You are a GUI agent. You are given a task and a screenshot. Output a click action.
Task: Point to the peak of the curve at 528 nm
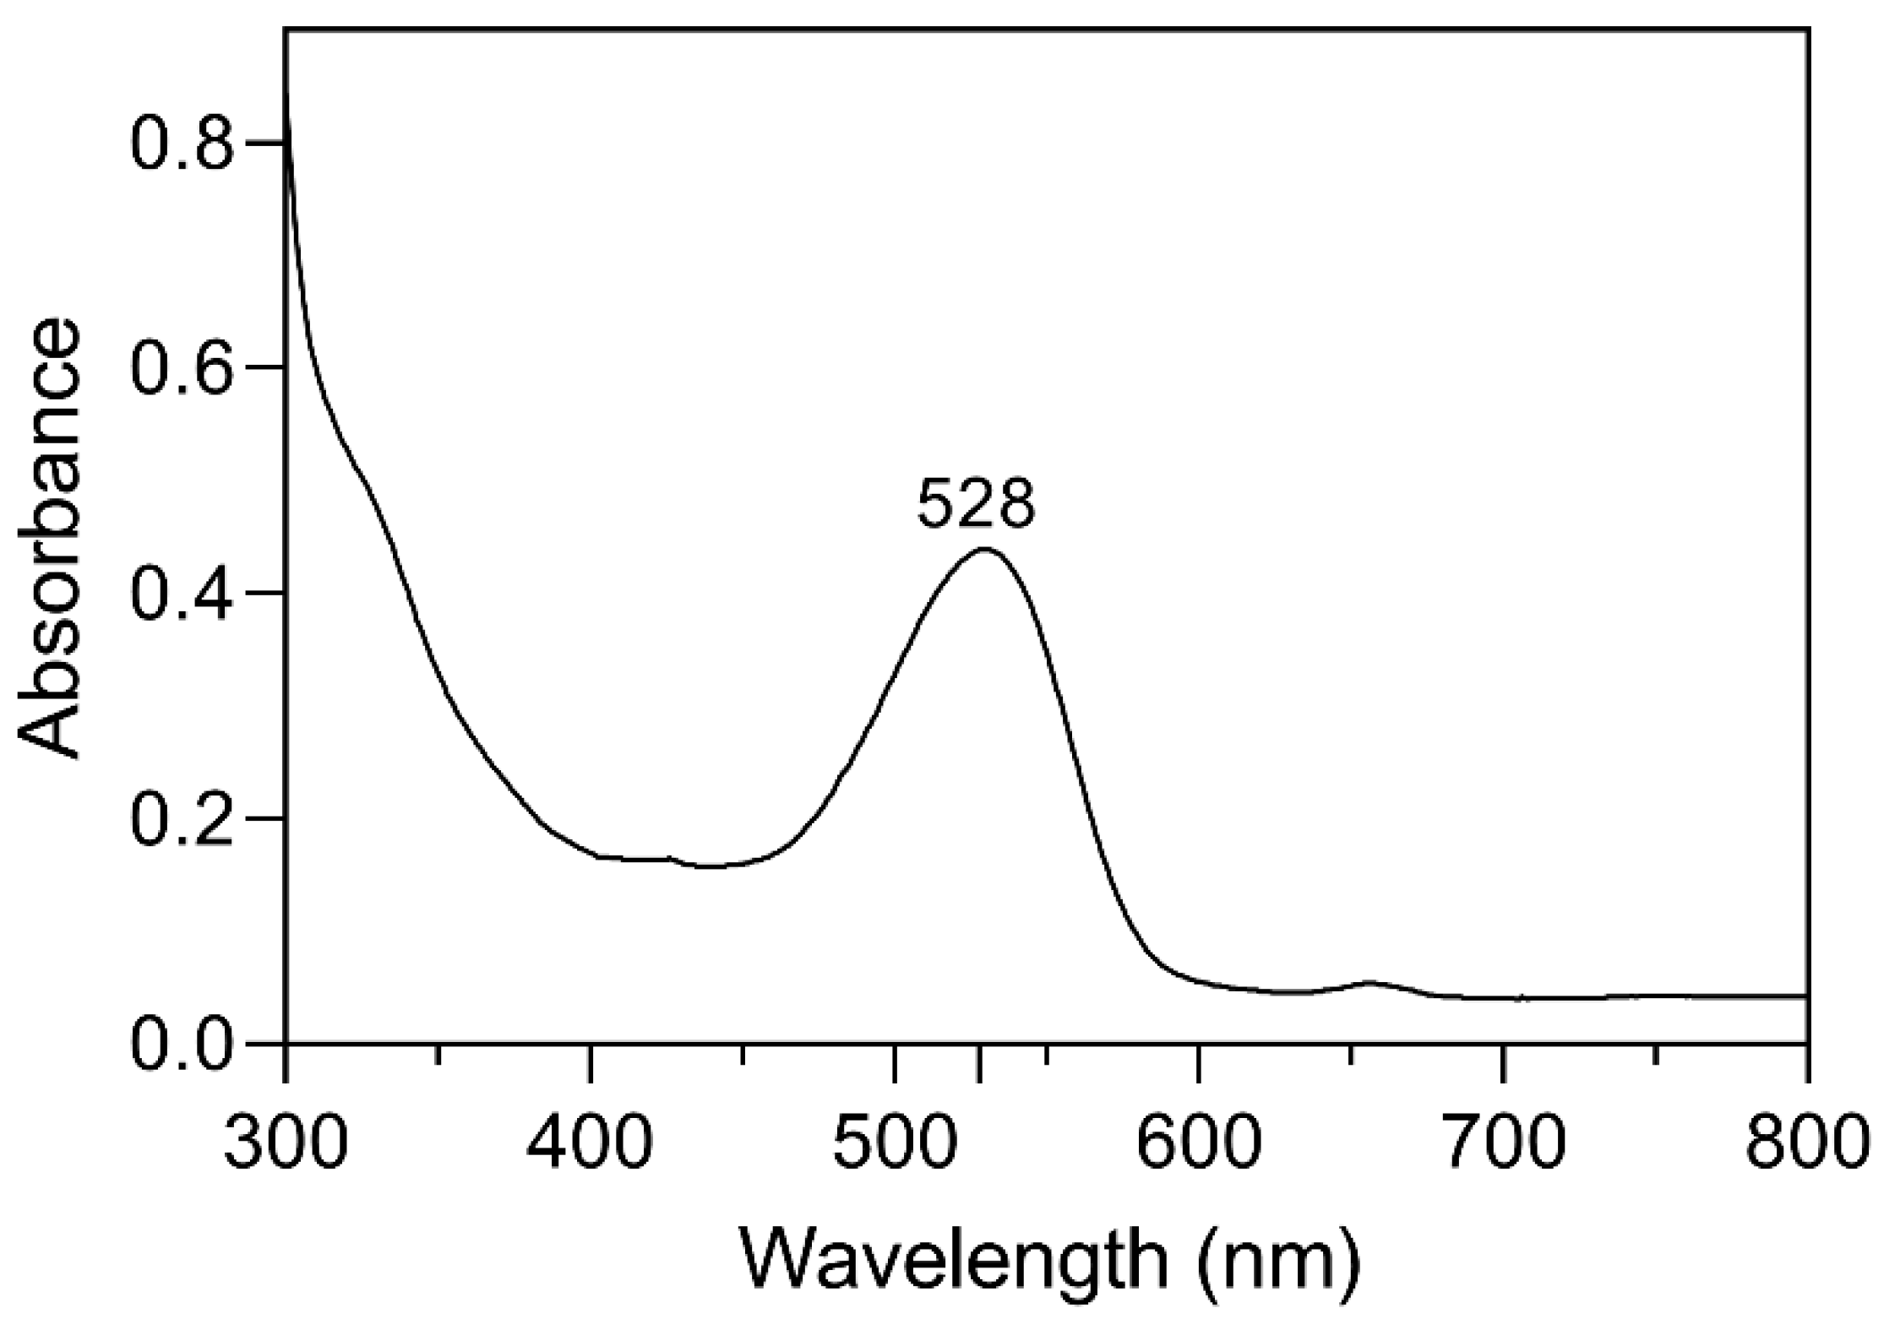coord(983,550)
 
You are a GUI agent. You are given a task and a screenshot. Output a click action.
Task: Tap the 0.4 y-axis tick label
coord(182,593)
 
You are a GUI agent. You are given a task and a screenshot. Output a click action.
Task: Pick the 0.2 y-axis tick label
coord(182,818)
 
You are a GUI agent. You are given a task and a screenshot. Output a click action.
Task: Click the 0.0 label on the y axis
coord(182,1044)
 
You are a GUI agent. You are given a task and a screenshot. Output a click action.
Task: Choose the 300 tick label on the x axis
coord(286,1141)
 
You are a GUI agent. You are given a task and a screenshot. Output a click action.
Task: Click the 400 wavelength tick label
coord(590,1141)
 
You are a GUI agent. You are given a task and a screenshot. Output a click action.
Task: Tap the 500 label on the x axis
coord(894,1141)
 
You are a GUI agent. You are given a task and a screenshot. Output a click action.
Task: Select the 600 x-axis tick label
coord(1199,1141)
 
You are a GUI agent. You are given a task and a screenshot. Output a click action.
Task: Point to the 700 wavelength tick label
coord(1503,1141)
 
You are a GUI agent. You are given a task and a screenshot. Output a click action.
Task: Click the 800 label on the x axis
coord(1805,1141)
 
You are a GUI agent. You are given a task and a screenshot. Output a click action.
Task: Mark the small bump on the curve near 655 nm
coord(1369,982)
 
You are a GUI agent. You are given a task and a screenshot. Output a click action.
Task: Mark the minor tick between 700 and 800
coord(1655,1054)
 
